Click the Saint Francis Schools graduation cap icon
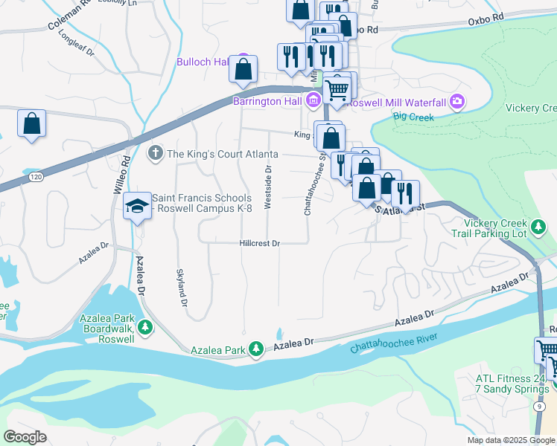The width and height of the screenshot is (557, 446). click(137, 205)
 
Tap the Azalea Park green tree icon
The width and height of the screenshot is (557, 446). click(256, 349)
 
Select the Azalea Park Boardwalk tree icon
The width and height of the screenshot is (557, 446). click(147, 326)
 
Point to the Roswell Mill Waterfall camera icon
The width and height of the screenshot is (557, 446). click(457, 101)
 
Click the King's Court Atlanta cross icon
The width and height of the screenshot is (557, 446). click(156, 154)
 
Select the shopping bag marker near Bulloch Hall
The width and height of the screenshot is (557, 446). click(243, 69)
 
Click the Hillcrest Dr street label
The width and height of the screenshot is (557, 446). click(259, 243)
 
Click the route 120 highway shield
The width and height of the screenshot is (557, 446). click(35, 178)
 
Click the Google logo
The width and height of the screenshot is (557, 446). click(25, 437)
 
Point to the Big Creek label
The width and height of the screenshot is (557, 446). click(411, 116)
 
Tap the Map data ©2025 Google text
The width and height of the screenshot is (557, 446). click(510, 440)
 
